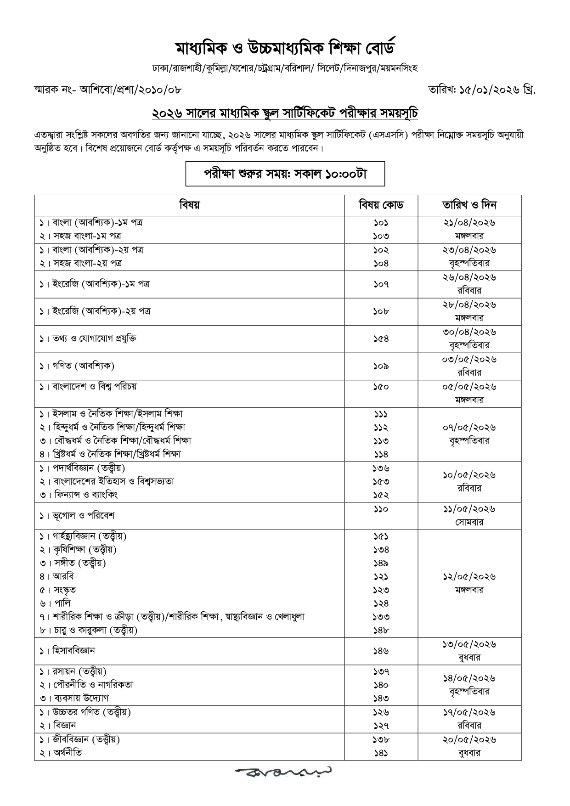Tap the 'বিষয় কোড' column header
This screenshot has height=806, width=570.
point(381,205)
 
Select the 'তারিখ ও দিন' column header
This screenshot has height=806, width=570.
point(469,205)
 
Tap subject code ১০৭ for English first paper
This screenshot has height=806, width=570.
point(381,284)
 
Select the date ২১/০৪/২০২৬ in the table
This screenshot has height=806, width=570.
point(469,223)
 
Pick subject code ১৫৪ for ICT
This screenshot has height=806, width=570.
point(381,338)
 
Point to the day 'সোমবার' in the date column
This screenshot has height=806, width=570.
point(469,522)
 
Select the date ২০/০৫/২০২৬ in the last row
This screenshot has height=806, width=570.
point(469,740)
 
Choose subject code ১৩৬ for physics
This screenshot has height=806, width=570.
point(381,468)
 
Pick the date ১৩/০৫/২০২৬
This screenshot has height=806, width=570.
point(469,644)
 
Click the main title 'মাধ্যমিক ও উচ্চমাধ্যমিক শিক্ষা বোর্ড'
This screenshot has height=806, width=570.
point(285,48)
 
